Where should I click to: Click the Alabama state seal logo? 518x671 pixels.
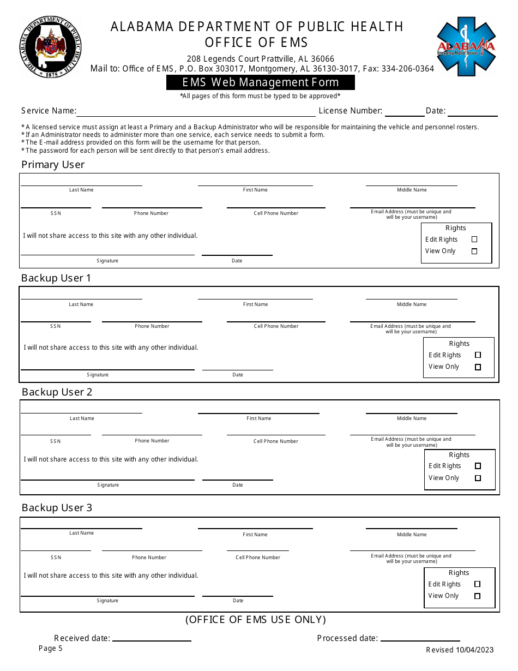coord(51,47)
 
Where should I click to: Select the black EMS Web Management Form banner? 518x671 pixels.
coord(261,82)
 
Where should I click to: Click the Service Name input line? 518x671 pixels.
coord(196,113)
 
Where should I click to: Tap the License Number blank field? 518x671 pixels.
coord(405,113)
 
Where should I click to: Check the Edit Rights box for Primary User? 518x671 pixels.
coord(474,239)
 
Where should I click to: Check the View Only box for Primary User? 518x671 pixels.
coord(474,251)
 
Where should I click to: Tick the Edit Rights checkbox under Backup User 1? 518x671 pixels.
coord(478,355)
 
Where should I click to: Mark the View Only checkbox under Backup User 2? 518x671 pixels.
coord(478,478)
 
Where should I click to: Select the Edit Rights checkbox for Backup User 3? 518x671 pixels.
coord(478,584)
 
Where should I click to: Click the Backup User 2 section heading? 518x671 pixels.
coord(57,392)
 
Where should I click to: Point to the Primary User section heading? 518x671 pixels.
coord(53,165)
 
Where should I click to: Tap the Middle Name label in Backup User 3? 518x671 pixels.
coord(412,535)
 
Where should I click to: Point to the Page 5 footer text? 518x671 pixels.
coord(51,649)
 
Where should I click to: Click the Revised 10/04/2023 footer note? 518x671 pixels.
coord(460,650)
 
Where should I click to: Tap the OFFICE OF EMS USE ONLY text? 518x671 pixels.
coord(256,620)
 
